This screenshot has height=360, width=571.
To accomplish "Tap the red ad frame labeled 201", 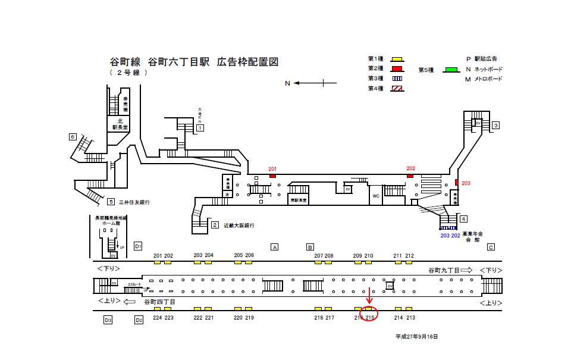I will click(x=272, y=176).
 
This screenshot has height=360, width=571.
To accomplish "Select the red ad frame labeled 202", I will click(x=410, y=175).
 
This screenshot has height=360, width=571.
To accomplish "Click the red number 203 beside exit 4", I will click(x=465, y=183).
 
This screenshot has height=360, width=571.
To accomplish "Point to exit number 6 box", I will click(x=73, y=137).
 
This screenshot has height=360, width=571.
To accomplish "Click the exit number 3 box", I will click(x=495, y=125).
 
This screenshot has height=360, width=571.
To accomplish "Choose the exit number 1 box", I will click(x=200, y=128).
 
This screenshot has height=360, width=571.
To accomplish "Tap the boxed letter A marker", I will click(x=274, y=247).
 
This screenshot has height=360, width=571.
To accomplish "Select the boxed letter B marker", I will click(x=310, y=247).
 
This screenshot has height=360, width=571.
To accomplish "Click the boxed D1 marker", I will click(x=138, y=246).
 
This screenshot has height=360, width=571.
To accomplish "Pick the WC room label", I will click(x=376, y=195).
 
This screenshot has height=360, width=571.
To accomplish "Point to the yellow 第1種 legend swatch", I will click(x=397, y=59).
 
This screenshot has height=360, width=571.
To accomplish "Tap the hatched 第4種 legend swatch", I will click(x=397, y=89).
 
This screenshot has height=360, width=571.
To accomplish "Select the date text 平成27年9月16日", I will click(x=416, y=337).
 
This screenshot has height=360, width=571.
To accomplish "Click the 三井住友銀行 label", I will click(x=134, y=202).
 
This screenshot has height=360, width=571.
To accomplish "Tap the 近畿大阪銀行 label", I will click(x=239, y=226).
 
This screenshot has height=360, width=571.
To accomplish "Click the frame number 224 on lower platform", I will click(x=157, y=318).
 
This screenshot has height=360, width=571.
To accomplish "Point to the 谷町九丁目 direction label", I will click(x=444, y=270).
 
